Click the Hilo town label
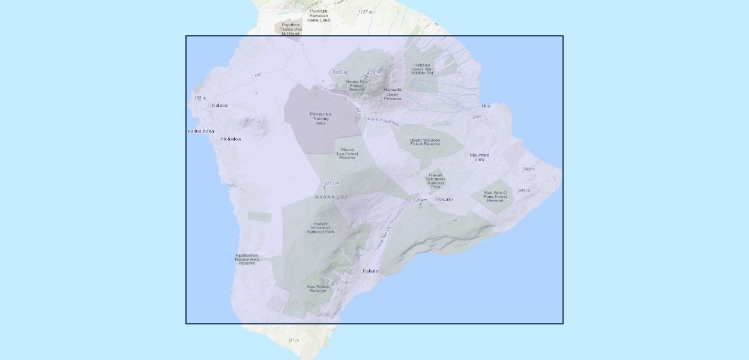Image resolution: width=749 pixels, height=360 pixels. click(x=486, y=106)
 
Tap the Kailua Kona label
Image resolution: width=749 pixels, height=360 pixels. click(x=200, y=131)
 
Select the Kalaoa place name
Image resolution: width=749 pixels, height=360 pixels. click(x=220, y=106)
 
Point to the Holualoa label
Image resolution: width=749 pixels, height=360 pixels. click(x=231, y=139)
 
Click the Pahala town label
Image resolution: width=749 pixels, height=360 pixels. click(x=370, y=271)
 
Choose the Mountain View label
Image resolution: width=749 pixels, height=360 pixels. click(x=479, y=157)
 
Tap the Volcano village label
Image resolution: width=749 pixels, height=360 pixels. click(x=444, y=199)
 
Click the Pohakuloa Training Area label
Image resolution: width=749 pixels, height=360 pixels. click(x=320, y=118)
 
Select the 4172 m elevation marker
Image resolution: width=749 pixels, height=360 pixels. click(x=331, y=184)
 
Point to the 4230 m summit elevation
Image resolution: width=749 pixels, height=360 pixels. click(x=374, y=73)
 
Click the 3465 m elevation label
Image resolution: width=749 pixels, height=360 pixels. click(x=340, y=72)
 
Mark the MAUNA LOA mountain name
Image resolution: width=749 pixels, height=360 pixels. click(x=331, y=197)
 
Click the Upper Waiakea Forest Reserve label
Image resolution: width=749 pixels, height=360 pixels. click(x=425, y=142)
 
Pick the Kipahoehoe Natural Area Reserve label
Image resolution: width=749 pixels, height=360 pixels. click(x=247, y=259)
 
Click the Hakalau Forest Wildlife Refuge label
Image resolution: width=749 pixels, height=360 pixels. click(x=422, y=68)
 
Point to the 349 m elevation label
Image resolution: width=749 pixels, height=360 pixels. click(x=529, y=169)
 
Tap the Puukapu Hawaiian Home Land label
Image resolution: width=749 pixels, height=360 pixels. click(x=319, y=15)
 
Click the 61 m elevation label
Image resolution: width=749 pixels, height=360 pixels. click(x=293, y=340)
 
